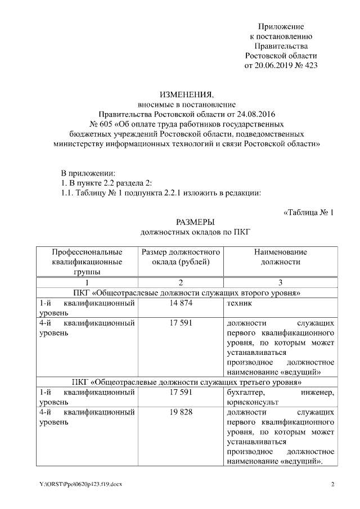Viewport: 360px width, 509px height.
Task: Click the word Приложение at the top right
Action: (x=281, y=26)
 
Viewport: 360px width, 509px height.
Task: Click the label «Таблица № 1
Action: (x=308, y=212)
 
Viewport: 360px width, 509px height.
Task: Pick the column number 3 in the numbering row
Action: (x=280, y=282)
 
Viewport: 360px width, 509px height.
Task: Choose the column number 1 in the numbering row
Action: (x=87, y=282)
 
